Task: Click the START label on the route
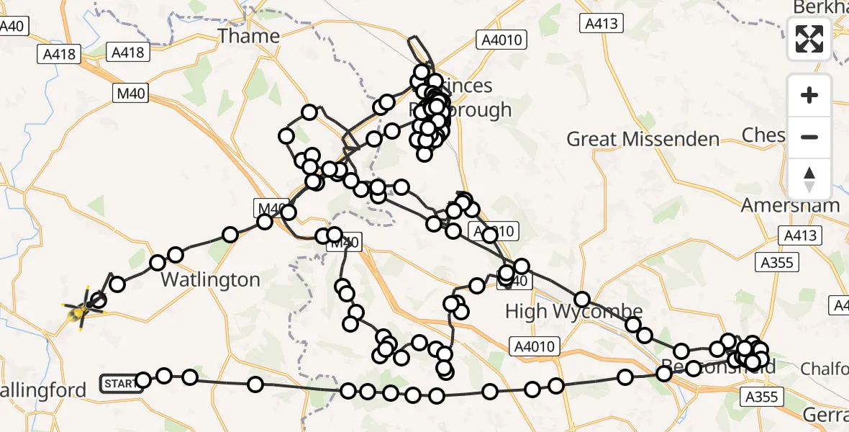[119, 383]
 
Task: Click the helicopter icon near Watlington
[83, 310]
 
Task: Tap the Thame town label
[249, 36]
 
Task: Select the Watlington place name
[210, 279]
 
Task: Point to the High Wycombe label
[573, 311]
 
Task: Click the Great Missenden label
[643, 139]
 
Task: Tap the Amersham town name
[791, 205]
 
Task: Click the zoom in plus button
[809, 95]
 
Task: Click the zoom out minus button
[809, 137]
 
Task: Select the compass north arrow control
[809, 179]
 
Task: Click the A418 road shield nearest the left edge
[58, 54]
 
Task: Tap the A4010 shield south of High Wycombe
[534, 346]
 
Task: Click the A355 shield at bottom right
[761, 396]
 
